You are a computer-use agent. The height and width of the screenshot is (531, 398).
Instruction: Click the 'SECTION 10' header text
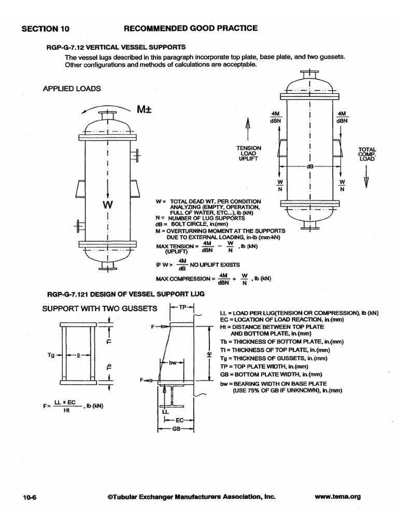(x=45, y=29)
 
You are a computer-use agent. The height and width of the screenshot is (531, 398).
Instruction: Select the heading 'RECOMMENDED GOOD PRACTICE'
(x=190, y=28)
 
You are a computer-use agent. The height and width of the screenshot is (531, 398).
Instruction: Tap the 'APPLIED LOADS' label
(x=72, y=89)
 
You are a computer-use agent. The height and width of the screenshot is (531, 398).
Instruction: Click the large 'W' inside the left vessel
(x=107, y=205)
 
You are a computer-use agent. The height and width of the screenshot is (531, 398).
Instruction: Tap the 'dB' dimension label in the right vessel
(x=310, y=167)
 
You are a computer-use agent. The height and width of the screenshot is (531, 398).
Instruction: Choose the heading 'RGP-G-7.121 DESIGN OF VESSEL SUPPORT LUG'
(x=126, y=294)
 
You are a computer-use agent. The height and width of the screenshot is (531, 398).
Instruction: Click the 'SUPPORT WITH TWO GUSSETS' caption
(x=99, y=309)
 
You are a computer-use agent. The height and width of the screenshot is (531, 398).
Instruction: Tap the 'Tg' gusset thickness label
(x=51, y=355)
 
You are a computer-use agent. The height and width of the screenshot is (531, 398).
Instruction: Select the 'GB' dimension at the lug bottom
(x=176, y=429)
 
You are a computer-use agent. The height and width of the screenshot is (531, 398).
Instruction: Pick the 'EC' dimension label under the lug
(x=180, y=420)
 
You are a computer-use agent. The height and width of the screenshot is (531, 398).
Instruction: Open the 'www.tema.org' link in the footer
(x=337, y=496)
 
